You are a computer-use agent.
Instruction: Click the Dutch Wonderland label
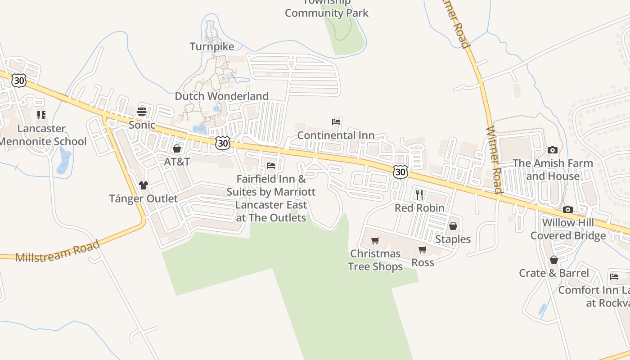(x=221, y=96)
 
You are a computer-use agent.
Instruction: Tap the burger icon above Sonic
(x=142, y=112)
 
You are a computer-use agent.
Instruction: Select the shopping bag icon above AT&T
(x=177, y=148)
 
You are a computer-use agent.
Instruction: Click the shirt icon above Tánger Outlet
(x=143, y=185)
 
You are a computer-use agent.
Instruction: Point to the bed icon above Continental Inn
(x=336, y=122)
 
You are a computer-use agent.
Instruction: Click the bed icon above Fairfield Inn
(x=271, y=166)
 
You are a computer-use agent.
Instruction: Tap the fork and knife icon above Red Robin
(x=419, y=194)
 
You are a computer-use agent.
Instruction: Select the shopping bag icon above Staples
(x=453, y=226)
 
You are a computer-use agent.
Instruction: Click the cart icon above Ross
(x=422, y=249)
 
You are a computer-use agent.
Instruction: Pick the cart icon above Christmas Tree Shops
(x=375, y=240)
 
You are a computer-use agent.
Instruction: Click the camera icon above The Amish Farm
(x=553, y=150)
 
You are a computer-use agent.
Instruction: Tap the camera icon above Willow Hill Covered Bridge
(x=567, y=209)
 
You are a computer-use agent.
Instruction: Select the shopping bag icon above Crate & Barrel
(x=553, y=260)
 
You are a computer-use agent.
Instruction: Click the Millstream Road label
(x=57, y=252)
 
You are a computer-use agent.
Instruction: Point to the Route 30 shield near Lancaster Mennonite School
(x=19, y=81)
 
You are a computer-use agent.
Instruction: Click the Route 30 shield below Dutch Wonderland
(x=222, y=143)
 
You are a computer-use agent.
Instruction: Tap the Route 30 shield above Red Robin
(x=400, y=172)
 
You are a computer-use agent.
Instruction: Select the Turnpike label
(x=212, y=47)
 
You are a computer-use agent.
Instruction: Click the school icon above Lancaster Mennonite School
(x=41, y=115)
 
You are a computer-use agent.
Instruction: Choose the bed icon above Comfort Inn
(x=614, y=276)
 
